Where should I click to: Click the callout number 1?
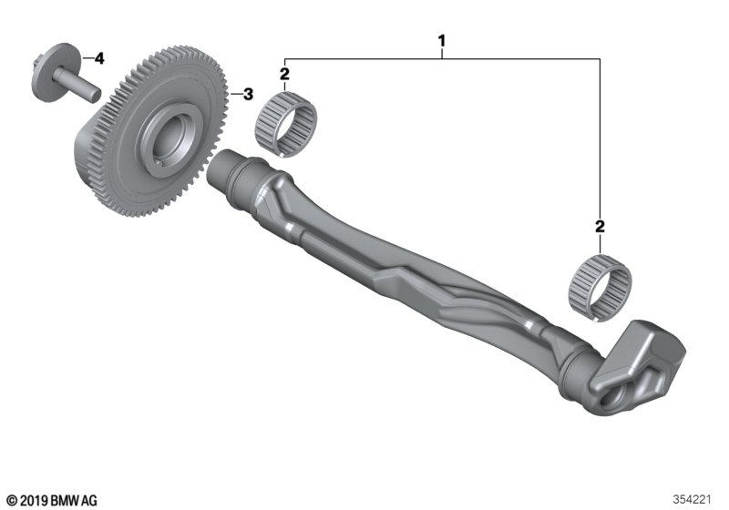click(442, 41)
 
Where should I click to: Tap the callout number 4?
click(99, 58)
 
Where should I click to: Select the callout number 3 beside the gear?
click(248, 95)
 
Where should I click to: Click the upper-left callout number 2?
click(284, 74)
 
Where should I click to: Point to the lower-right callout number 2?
click(600, 227)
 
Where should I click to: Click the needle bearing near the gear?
click(286, 124)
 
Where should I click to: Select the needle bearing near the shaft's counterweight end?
click(601, 288)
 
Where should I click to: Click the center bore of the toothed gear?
click(170, 138)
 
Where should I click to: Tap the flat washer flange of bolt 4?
click(50, 72)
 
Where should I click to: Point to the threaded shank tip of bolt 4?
click(96, 95)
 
